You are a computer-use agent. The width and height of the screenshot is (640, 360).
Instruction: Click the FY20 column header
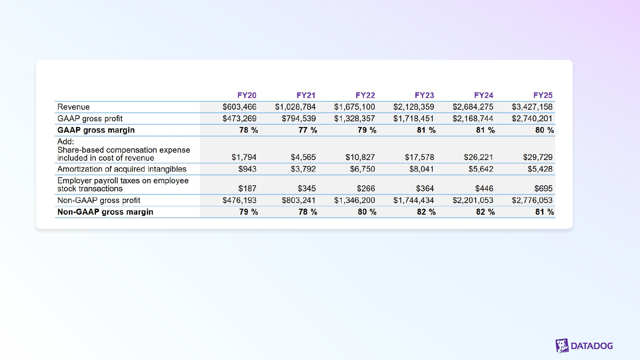247,95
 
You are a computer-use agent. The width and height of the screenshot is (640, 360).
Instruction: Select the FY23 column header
424,95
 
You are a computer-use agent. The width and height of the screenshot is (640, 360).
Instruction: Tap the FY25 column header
543,95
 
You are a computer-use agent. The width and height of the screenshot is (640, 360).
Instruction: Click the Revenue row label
74,107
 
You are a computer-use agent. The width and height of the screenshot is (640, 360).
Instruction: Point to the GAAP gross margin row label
96,130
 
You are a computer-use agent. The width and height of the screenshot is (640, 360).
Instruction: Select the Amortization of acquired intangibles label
122,169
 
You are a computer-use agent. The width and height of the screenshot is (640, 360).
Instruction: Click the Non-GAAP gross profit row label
99,200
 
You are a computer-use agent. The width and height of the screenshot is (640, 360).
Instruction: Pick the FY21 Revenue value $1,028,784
295,107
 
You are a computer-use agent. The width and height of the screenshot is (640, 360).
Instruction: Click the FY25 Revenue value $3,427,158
532,107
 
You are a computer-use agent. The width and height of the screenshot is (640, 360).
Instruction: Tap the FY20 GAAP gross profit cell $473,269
239,119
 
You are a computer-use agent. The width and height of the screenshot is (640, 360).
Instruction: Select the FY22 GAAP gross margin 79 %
367,130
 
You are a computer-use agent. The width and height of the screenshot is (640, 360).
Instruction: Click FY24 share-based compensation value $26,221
478,157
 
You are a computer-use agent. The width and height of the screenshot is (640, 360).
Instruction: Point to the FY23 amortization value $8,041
421,169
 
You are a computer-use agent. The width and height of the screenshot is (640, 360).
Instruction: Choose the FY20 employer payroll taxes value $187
247,189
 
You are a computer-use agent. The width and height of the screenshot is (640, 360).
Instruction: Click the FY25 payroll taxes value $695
543,189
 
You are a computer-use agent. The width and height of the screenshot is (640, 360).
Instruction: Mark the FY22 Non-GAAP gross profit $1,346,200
354,200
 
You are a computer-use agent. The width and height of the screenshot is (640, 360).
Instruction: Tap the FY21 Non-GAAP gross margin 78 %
308,212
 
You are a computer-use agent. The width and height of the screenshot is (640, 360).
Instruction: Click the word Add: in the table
66,142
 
